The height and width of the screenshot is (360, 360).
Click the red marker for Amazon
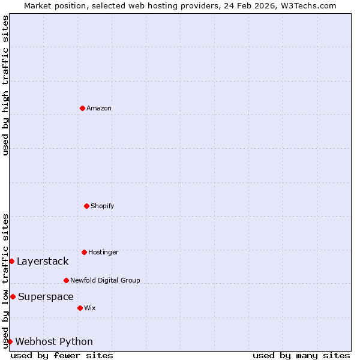82,108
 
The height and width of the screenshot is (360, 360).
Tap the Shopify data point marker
86,206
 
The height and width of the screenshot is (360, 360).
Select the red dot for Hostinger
84,252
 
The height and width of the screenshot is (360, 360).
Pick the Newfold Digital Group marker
66,280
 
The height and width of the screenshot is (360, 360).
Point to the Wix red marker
80,308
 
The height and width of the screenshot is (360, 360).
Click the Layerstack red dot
11,261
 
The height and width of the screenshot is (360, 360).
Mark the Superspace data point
13,296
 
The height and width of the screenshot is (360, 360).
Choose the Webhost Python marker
10,341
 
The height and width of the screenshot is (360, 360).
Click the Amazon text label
99,108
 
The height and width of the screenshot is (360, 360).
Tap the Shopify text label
103,206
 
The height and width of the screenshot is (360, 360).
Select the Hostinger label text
103,252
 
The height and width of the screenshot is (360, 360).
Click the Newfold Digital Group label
105,280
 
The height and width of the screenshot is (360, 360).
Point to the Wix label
90,308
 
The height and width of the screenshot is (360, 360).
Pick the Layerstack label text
43,261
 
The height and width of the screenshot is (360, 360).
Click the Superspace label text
46,296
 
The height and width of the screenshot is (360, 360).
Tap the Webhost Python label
54,341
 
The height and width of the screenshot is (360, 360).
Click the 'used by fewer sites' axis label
62,355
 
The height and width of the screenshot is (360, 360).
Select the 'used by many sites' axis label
301,355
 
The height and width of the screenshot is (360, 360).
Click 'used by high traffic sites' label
5,86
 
